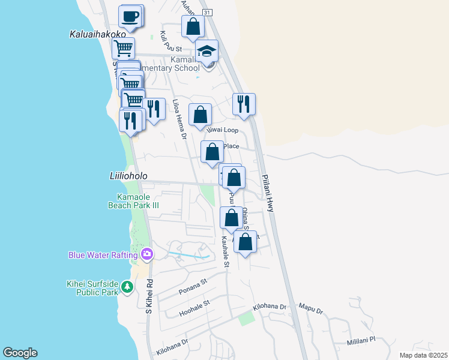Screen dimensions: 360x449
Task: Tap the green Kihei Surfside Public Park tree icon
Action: pos(127,287)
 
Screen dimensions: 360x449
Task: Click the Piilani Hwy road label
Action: pos(268,193)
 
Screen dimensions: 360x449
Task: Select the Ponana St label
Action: pos(193,286)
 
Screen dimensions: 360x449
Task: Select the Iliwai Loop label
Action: pos(223,130)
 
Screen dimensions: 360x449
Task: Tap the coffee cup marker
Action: pos(130,16)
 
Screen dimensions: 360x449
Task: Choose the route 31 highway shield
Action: pos(206,12)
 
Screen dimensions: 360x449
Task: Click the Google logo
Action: pos(20,353)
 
